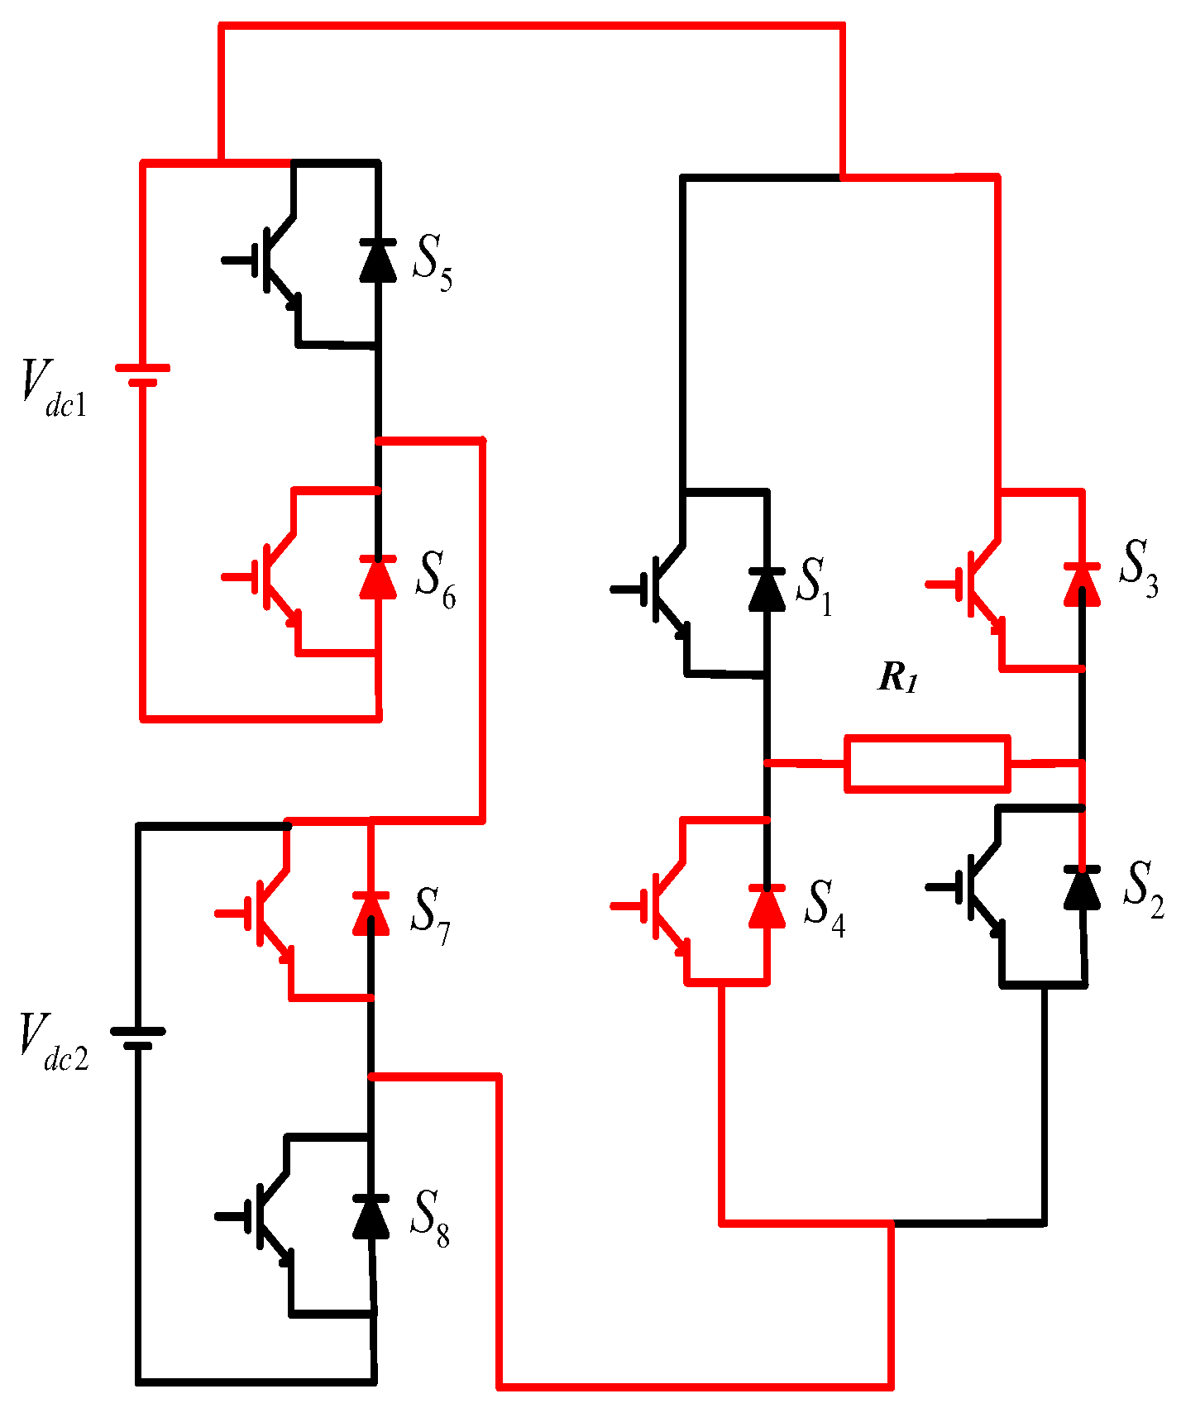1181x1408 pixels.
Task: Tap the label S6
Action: coord(435,580)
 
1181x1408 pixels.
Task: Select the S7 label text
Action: coord(430,916)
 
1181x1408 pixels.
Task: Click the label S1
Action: coord(814,585)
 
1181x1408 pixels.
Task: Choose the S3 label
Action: coord(1138,568)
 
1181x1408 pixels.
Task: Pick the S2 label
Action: coord(1143,890)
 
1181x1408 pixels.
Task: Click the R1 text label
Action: coord(898,678)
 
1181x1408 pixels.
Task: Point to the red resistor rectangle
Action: coord(926,763)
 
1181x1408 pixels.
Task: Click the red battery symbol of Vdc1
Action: coord(142,375)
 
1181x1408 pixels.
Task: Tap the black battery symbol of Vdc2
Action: coord(138,1038)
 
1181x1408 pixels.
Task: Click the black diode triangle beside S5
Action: coord(378,260)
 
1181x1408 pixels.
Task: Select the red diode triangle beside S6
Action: coord(378,578)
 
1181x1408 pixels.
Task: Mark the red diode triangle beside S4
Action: coord(767,906)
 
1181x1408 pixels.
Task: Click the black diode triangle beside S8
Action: coord(371,1216)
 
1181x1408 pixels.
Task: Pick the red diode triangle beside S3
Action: coord(1082,585)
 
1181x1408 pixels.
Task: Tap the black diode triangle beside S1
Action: coord(767,589)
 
